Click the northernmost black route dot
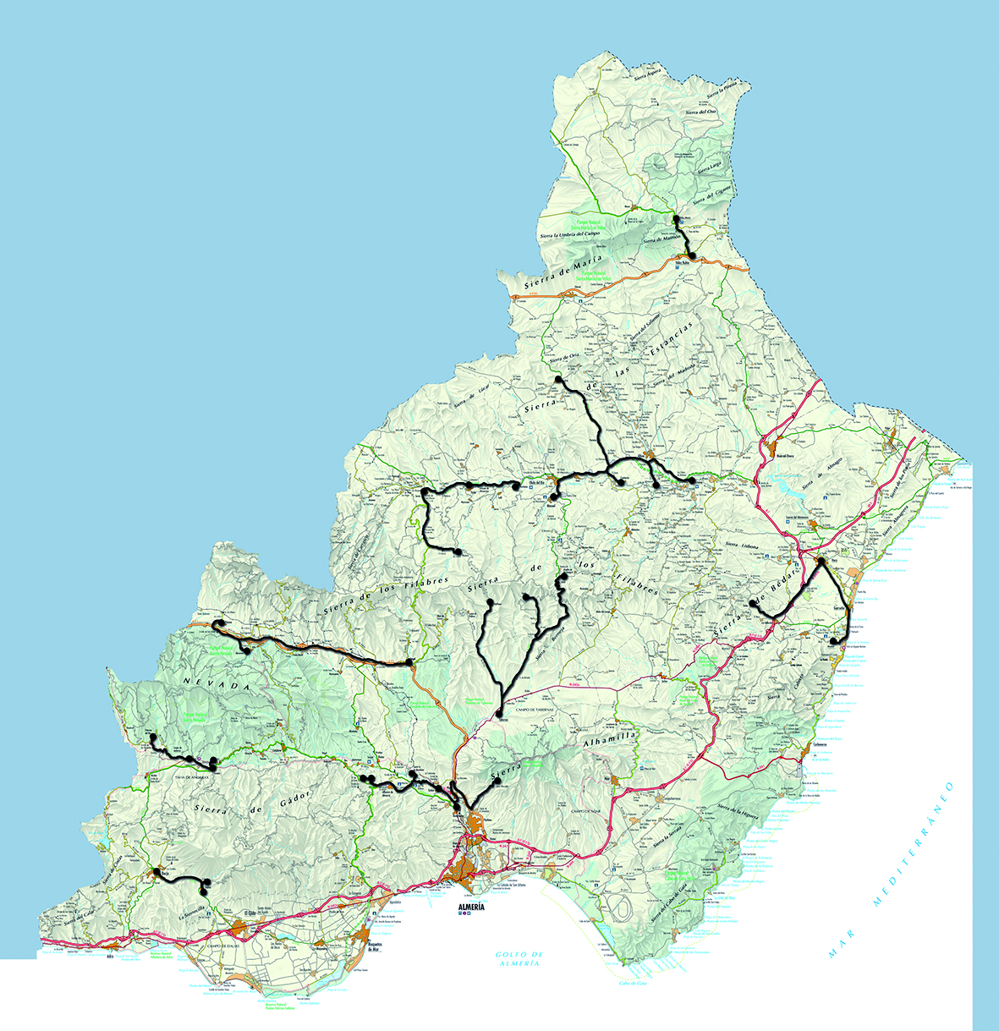676,219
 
